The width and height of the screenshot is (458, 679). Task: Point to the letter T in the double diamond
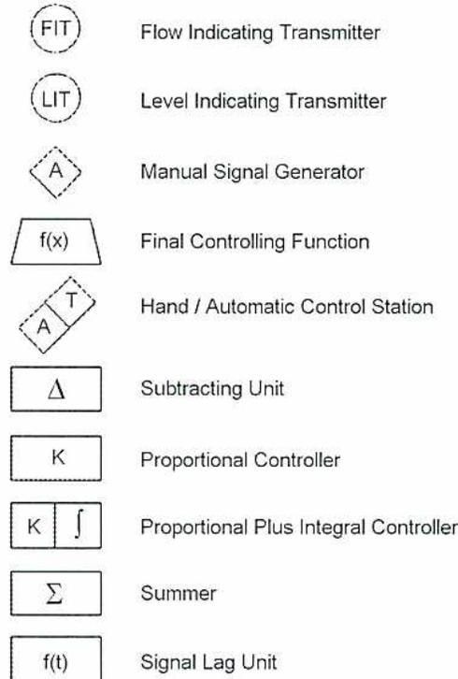coord(71,300)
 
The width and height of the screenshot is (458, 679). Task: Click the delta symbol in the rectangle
coord(56,389)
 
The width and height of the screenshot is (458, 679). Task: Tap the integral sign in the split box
coord(79,525)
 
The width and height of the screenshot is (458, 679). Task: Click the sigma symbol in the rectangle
coord(54,593)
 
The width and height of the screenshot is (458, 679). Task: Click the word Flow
coord(161,32)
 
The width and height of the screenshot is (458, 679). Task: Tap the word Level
coord(164,101)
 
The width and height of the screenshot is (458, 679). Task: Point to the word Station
coord(402,307)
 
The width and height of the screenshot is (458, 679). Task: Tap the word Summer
coord(179,593)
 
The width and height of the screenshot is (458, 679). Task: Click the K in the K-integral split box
coord(34,527)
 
